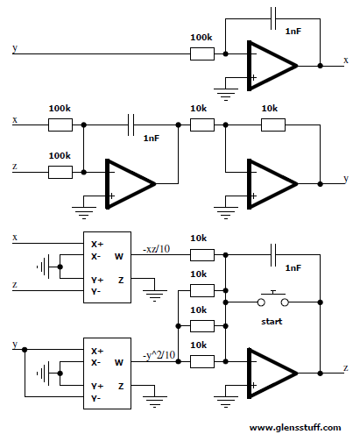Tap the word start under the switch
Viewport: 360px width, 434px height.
[272, 322]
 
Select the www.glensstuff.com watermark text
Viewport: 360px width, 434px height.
[295, 428]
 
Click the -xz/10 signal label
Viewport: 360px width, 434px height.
[156, 249]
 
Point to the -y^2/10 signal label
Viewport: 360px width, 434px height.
[159, 355]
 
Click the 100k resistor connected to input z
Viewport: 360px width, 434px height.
[60, 172]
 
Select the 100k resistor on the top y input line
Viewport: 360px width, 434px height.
[202, 53]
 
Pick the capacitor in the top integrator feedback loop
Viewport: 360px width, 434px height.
[273, 18]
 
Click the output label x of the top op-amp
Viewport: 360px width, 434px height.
[346, 60]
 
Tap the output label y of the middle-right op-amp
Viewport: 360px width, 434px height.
[346, 179]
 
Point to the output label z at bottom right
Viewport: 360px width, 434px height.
[346, 368]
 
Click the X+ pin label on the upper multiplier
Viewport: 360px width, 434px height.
[97, 245]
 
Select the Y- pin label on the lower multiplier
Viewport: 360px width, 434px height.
[95, 398]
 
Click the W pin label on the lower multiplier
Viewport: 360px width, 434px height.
[119, 363]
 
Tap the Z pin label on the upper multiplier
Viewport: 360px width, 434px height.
[121, 280]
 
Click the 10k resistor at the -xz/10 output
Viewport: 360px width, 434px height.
[202, 255]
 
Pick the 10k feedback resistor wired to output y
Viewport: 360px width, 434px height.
[273, 125]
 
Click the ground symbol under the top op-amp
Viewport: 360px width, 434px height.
[226, 94]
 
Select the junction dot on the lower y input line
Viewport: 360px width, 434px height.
[25, 350]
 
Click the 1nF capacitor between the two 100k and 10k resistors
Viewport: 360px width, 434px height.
[131, 125]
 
